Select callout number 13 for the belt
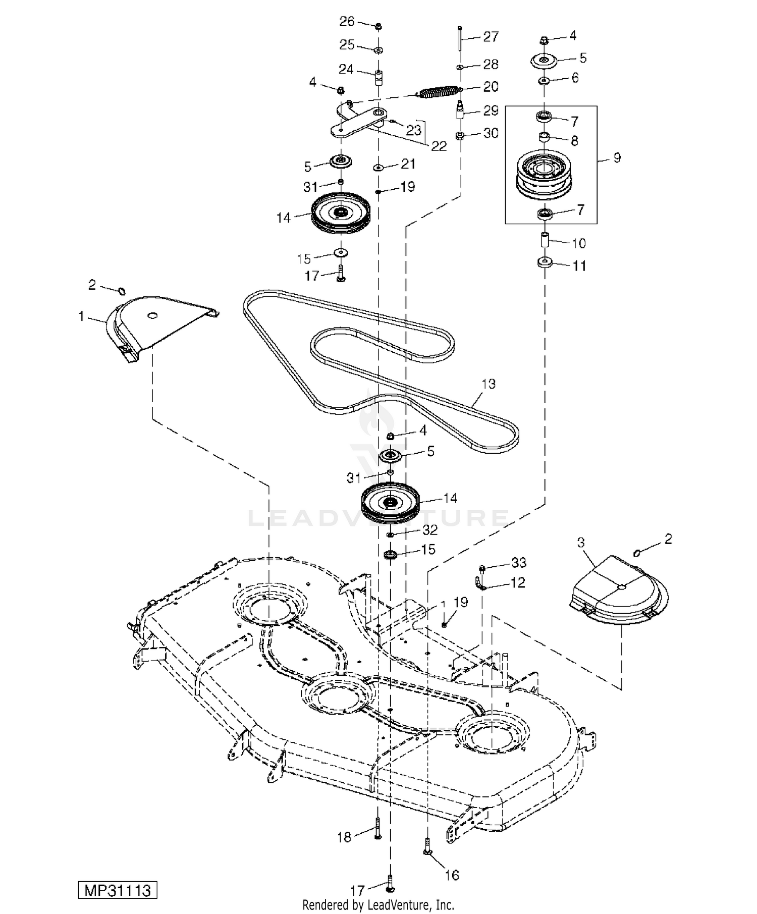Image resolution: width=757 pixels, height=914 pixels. coord(489,384)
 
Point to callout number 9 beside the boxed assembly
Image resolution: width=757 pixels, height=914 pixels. coord(617,158)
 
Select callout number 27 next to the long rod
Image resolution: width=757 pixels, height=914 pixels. coord(491,37)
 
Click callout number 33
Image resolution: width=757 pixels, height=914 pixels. coord(519,563)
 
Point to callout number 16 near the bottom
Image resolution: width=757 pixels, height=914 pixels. coord(452,875)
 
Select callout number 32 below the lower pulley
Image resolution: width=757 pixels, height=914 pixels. coord(430,530)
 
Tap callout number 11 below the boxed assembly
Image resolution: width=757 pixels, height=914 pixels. coord(579,266)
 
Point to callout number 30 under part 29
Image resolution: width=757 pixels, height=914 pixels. coord(491,133)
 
